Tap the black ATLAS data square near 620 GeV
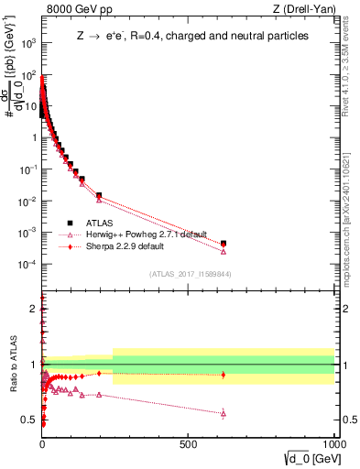pos(224,244)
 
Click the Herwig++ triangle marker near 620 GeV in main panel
pos(224,251)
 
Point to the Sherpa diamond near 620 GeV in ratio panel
pos(224,375)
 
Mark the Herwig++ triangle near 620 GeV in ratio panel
pos(224,413)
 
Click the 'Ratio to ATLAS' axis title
pos(12,366)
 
